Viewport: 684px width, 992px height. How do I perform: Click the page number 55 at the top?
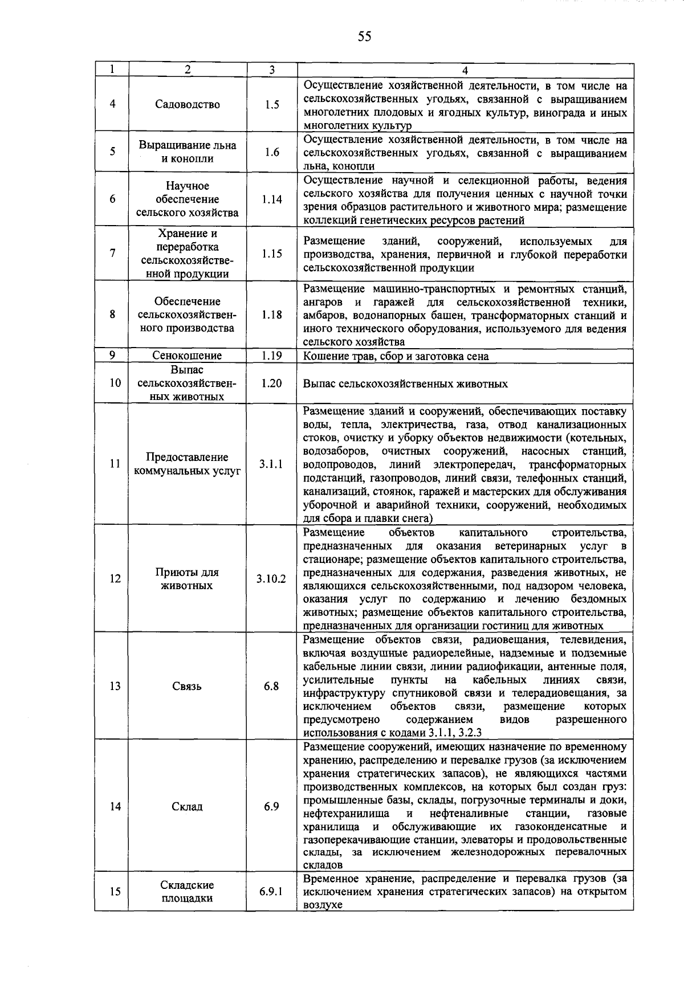tap(364, 37)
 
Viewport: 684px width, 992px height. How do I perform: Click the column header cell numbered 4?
tap(465, 70)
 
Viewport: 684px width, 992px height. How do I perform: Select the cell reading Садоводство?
tap(188, 104)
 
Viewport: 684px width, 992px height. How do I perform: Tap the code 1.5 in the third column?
tap(272, 104)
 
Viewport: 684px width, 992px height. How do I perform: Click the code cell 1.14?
tap(272, 199)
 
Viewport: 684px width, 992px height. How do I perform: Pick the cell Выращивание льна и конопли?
tap(188, 152)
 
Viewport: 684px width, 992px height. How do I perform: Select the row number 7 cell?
tap(112, 254)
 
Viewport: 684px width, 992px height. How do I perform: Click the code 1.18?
tap(272, 315)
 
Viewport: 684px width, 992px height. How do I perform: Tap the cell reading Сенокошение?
tap(188, 356)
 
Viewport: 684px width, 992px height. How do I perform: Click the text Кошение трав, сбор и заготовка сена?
tap(396, 356)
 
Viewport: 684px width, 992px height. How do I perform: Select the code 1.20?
tap(272, 383)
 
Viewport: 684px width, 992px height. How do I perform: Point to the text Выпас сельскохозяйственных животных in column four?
tap(405, 384)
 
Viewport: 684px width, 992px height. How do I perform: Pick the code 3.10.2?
tap(271, 579)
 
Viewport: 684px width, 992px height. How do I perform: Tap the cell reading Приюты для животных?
tap(188, 579)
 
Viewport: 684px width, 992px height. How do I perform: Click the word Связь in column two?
tap(188, 686)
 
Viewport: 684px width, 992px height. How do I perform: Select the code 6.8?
tap(271, 686)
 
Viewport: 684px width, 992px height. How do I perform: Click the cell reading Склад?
tap(188, 807)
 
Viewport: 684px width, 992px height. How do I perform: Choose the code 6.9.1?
tap(271, 892)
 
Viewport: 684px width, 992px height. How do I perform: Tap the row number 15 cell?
tap(115, 892)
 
